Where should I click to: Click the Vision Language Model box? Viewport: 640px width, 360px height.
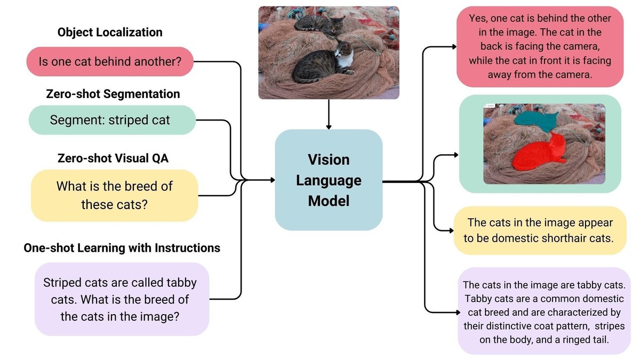tap(329, 180)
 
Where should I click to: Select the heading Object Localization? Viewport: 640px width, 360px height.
tap(110, 32)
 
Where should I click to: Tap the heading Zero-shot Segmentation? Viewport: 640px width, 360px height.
tap(113, 94)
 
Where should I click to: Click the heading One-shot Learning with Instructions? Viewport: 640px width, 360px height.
tap(122, 248)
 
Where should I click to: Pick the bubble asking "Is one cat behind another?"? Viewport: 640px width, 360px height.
tap(110, 61)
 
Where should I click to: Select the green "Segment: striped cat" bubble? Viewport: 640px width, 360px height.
tap(112, 120)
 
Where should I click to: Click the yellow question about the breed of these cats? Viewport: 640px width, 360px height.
tap(114, 195)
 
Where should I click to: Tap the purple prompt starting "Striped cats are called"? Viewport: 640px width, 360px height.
tap(122, 299)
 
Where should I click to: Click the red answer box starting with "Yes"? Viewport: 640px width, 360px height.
tap(540, 47)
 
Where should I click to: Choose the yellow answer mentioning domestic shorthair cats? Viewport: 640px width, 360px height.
tap(540, 230)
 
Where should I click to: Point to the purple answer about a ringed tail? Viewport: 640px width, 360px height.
tap(544, 311)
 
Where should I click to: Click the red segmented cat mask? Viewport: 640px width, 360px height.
tap(541, 151)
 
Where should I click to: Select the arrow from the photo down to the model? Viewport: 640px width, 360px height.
tap(329, 114)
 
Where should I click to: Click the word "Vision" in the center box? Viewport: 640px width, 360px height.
tap(329, 159)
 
